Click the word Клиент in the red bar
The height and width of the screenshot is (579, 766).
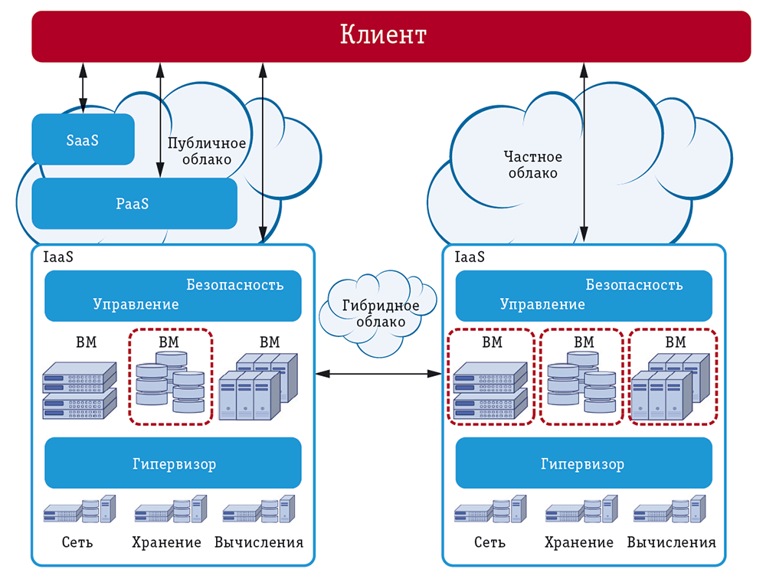(x=382, y=35)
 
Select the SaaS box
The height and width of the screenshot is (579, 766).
(x=83, y=139)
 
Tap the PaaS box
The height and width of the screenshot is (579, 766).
(x=133, y=204)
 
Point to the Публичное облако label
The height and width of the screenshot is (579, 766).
(x=207, y=151)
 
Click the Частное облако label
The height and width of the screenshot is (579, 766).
(x=532, y=165)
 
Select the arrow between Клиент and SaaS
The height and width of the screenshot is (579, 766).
(x=83, y=88)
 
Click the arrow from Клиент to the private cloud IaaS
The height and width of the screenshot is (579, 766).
(x=583, y=153)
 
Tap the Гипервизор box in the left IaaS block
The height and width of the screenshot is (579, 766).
(x=173, y=463)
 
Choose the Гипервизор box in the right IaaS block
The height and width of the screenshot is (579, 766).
(x=583, y=463)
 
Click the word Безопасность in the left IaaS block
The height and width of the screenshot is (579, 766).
(x=234, y=285)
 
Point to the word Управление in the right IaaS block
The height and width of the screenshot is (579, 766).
(x=542, y=304)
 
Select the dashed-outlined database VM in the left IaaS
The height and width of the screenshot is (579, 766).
(x=169, y=377)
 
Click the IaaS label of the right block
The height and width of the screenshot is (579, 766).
(x=470, y=257)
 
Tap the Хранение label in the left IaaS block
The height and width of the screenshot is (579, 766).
(x=168, y=542)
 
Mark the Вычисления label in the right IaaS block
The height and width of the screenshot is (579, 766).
(x=671, y=542)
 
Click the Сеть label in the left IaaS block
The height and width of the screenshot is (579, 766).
(x=77, y=542)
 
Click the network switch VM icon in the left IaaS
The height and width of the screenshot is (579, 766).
(x=80, y=390)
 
